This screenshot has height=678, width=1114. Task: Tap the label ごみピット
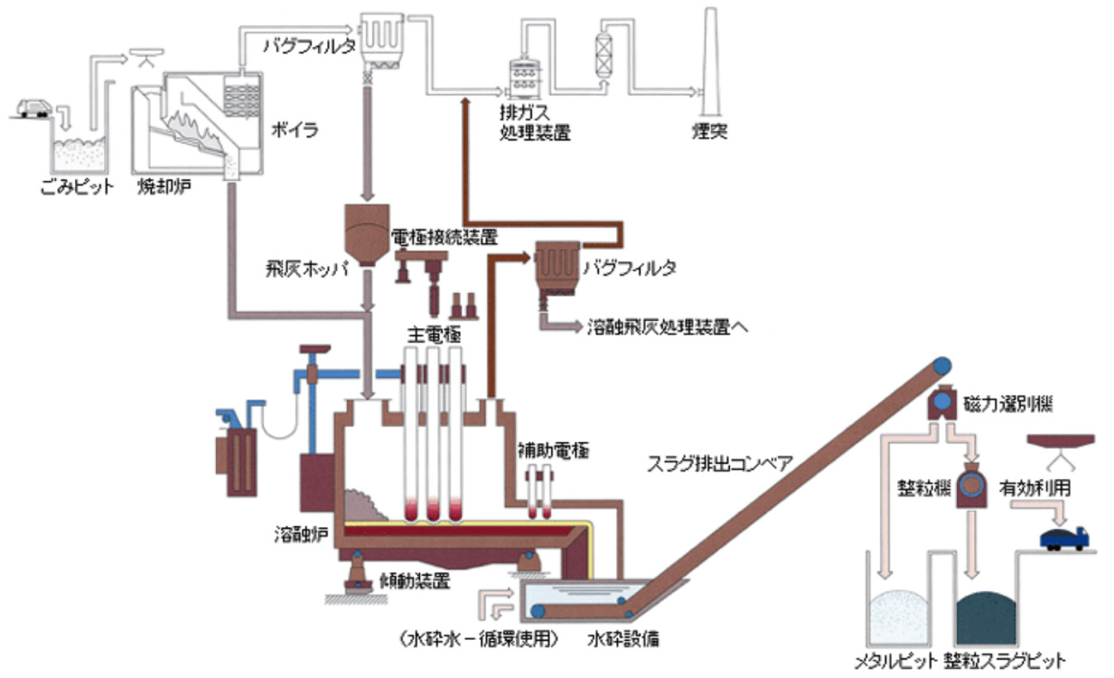(x=79, y=188)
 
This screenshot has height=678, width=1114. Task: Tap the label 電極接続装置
(x=445, y=238)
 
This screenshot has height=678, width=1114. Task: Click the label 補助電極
(x=553, y=449)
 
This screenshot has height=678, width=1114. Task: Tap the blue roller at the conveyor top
(x=941, y=365)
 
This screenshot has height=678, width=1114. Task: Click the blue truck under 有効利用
(x=1064, y=538)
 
